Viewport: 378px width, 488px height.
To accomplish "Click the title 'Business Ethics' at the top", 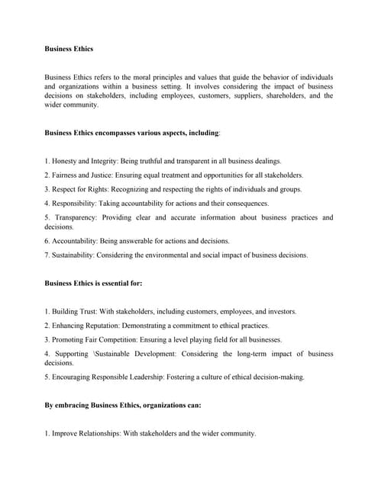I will click(69, 49).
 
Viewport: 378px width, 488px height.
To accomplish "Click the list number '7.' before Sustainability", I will click(47, 255).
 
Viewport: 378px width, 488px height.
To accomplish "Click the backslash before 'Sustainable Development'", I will click(95, 354).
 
